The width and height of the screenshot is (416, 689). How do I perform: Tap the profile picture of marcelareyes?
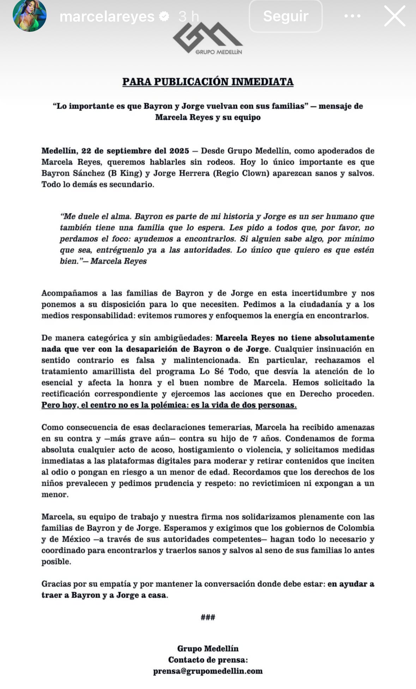(x=30, y=16)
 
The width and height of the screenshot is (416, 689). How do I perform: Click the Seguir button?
(x=285, y=16)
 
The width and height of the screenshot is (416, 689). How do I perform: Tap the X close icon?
(x=394, y=16)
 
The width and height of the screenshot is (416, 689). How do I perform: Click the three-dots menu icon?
(x=352, y=16)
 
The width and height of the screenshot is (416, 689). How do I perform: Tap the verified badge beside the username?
(x=164, y=16)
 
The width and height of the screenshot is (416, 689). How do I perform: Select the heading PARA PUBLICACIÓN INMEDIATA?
(x=208, y=82)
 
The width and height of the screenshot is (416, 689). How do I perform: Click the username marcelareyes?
(x=107, y=16)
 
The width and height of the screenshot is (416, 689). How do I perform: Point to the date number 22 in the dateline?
(x=86, y=151)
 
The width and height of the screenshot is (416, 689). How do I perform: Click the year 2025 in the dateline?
(x=179, y=151)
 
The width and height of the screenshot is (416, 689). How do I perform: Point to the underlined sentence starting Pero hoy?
(x=169, y=405)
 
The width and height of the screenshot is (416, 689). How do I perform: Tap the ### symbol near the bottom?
(x=208, y=617)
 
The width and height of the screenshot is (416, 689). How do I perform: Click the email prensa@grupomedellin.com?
(x=208, y=671)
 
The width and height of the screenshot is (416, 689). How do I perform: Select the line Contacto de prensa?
(x=208, y=660)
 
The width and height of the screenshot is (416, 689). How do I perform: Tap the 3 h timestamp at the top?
(x=189, y=16)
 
